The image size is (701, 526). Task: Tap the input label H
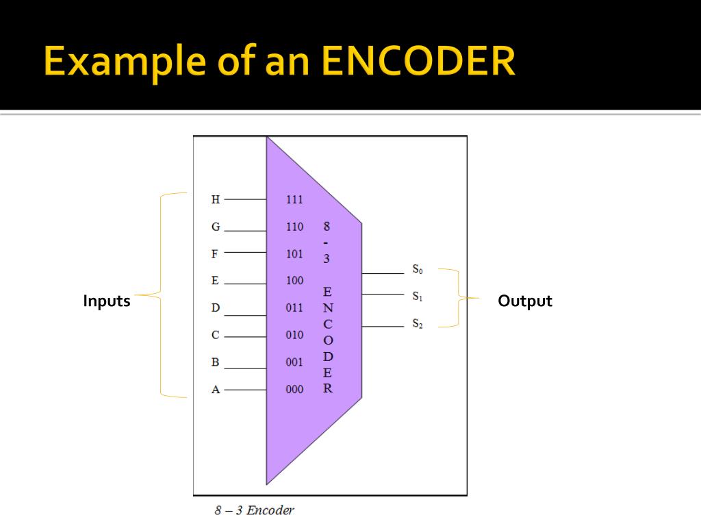click(216, 200)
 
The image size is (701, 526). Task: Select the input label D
click(216, 308)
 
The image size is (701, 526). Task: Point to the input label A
click(216, 390)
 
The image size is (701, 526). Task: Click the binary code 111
click(294, 200)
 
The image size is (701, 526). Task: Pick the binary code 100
click(294, 281)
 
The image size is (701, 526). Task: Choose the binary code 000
click(294, 390)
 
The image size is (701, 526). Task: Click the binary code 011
click(294, 308)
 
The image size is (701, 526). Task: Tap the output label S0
click(417, 270)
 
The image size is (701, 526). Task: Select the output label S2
click(417, 324)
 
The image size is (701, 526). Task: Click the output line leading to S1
click(383, 295)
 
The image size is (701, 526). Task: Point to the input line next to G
click(245, 231)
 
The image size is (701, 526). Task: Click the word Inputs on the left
click(107, 301)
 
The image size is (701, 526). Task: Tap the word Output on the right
click(525, 301)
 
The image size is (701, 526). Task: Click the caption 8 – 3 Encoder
click(254, 510)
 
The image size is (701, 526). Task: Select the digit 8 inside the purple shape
click(327, 226)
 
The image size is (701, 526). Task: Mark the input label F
click(215, 254)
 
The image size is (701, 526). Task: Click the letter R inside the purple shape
click(328, 388)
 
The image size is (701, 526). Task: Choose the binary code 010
click(294, 336)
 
